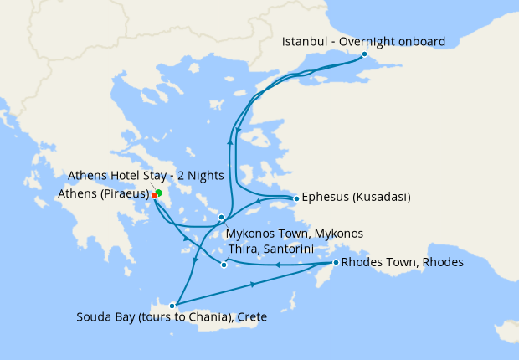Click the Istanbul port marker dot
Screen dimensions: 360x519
(x=364, y=54)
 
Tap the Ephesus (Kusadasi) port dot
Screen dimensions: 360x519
(x=295, y=199)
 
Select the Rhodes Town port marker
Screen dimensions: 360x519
(x=336, y=263)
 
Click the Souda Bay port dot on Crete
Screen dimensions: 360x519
(x=172, y=306)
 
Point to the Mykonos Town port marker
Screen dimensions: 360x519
(x=221, y=218)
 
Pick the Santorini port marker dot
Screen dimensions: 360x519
(x=224, y=265)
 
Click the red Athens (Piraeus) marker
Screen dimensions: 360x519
(x=155, y=196)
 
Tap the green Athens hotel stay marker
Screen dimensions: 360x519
(x=159, y=193)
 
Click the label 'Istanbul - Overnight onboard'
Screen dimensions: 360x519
(x=363, y=41)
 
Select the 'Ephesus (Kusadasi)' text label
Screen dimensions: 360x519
(x=356, y=198)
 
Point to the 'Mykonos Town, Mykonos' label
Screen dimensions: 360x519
(x=295, y=234)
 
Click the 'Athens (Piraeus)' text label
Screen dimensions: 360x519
(x=103, y=194)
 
